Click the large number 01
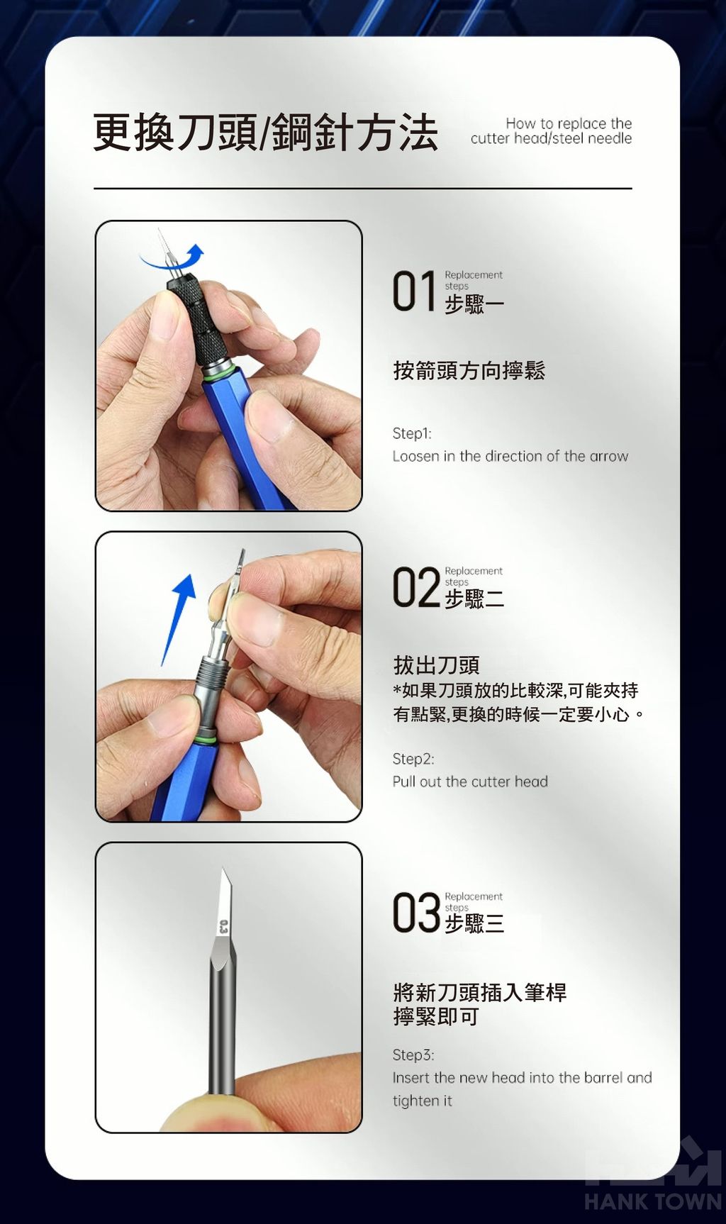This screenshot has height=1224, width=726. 414,291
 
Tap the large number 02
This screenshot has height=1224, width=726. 416,587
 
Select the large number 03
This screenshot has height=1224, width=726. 416,913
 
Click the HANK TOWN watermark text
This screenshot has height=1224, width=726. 653,1201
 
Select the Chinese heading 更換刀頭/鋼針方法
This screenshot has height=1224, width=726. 266,132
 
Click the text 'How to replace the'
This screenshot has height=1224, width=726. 569,123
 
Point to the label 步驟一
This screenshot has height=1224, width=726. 474,304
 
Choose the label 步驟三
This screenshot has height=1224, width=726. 474,923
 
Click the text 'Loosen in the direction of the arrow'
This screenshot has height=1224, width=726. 510,456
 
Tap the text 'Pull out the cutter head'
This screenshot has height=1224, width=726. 470,781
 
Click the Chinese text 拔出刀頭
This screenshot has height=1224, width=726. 437,665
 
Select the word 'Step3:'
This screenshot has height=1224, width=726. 413,1055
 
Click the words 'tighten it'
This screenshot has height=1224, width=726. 422,1101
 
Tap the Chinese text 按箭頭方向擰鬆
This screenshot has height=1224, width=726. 469,370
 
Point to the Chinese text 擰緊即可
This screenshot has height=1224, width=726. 436,1017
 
